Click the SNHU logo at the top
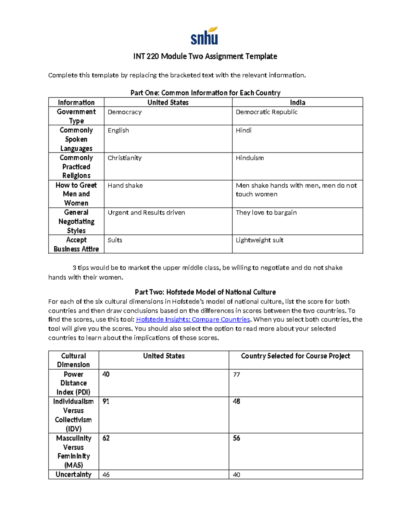click(x=204, y=36)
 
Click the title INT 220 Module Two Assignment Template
click(x=205, y=56)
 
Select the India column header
click(x=297, y=102)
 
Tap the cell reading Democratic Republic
click(x=266, y=112)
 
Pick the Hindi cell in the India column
click(x=244, y=131)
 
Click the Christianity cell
click(x=124, y=158)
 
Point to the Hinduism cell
click(x=250, y=158)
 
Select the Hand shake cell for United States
click(x=125, y=185)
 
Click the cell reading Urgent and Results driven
click(x=146, y=213)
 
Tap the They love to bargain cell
click(x=266, y=213)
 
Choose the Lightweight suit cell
click(x=259, y=240)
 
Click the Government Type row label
click(x=76, y=116)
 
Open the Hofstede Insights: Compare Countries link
click(x=193, y=320)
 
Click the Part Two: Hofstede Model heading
click(x=205, y=292)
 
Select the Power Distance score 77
click(x=236, y=374)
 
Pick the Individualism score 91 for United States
click(x=106, y=401)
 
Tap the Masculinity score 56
click(x=236, y=438)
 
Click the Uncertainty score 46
click(x=106, y=475)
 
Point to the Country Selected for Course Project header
click(x=295, y=356)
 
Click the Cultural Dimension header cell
click(x=73, y=360)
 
